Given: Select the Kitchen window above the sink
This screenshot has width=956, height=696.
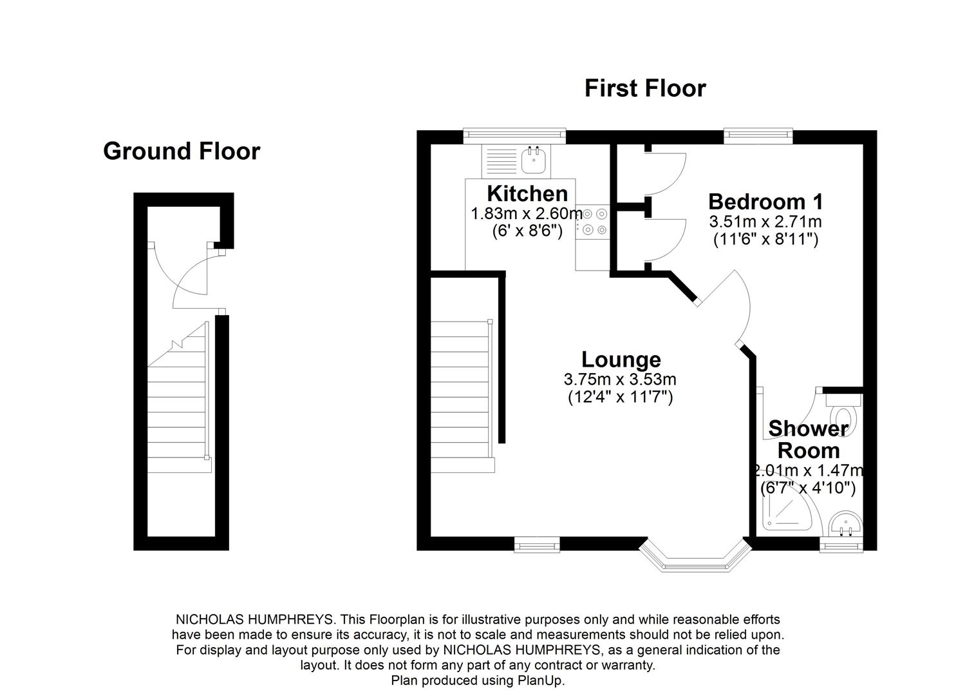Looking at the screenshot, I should click(x=515, y=135).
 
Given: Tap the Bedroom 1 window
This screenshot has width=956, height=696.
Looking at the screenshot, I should click(x=758, y=134).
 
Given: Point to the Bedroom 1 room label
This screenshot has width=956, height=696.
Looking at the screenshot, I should click(x=765, y=202).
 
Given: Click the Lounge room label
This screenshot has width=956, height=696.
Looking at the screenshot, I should click(x=621, y=359).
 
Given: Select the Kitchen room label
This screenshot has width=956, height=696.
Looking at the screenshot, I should click(x=527, y=193).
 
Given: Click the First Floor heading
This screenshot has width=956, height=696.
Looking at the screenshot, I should click(x=645, y=88).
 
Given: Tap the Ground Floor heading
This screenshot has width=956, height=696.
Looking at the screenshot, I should click(x=182, y=151).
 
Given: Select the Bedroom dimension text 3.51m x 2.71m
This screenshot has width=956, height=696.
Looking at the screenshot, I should click(x=765, y=222).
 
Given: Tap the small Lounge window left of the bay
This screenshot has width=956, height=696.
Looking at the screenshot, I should click(x=537, y=546).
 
